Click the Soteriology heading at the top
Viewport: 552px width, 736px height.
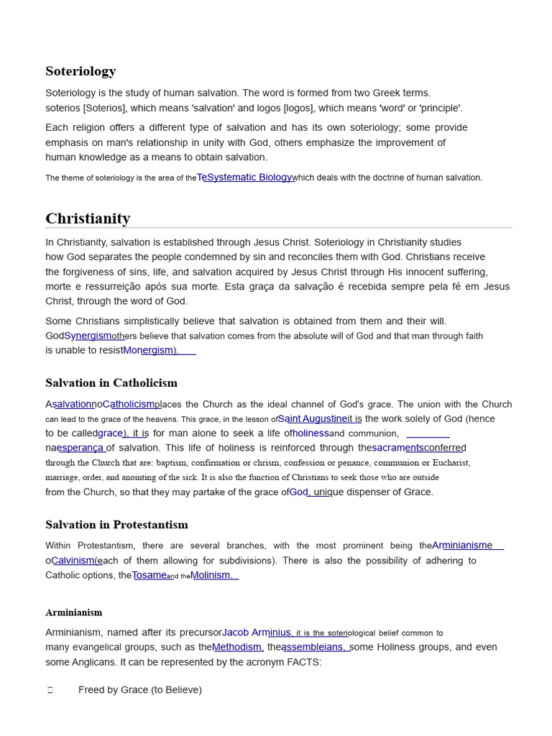pyautogui.click(x=80, y=71)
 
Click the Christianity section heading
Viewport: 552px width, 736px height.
pyautogui.click(x=88, y=218)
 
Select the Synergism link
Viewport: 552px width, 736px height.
pyautogui.click(x=88, y=336)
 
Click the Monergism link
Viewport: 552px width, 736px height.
pyautogui.click(x=149, y=350)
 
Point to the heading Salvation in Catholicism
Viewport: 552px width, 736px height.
pyautogui.click(x=111, y=383)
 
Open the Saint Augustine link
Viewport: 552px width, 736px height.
pyautogui.click(x=313, y=418)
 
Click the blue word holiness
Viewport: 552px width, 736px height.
pyautogui.click(x=310, y=433)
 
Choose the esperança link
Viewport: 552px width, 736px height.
pyautogui.click(x=81, y=448)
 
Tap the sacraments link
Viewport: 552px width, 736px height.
pyautogui.click(x=398, y=448)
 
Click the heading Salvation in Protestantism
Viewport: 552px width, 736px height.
pyautogui.click(x=116, y=525)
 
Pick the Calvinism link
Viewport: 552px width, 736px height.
pyautogui.click(x=74, y=561)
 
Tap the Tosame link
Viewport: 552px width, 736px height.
pyautogui.click(x=149, y=575)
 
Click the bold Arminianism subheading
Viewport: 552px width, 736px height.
pyautogui.click(x=74, y=612)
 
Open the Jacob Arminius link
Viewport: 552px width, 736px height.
pyautogui.click(x=256, y=632)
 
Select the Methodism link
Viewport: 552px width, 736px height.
pyautogui.click(x=238, y=647)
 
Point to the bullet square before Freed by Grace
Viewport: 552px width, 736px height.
pyautogui.click(x=50, y=690)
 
